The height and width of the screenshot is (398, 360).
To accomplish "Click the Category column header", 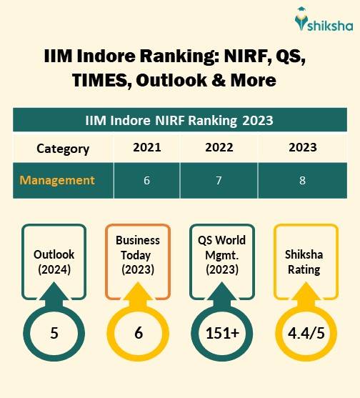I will pyautogui.click(x=63, y=149).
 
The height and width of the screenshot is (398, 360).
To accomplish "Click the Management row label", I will pyautogui.click(x=57, y=179).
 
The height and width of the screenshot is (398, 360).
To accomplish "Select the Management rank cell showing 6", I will pyautogui.click(x=146, y=180).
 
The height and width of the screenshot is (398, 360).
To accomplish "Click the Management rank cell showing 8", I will pyautogui.click(x=302, y=180).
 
